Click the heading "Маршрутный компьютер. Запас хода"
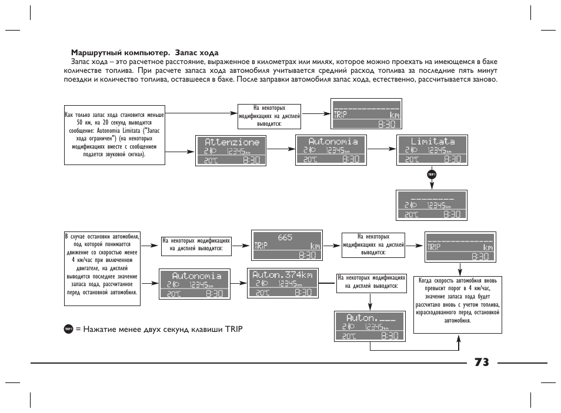tap(145, 52)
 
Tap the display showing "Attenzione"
tap(232, 150)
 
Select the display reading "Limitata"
tap(432, 150)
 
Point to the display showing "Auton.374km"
tap(282, 284)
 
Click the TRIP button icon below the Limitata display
tap(432, 174)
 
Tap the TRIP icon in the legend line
tap(68, 329)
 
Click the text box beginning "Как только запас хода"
tap(114, 135)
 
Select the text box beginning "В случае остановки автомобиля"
tap(102, 268)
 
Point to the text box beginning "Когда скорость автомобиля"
tap(458, 304)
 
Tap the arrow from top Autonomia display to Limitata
tap(379, 150)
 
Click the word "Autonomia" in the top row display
tap(333, 142)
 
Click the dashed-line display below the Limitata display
tap(432, 205)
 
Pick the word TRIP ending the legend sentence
tap(233, 329)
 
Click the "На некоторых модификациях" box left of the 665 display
tap(196, 245)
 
